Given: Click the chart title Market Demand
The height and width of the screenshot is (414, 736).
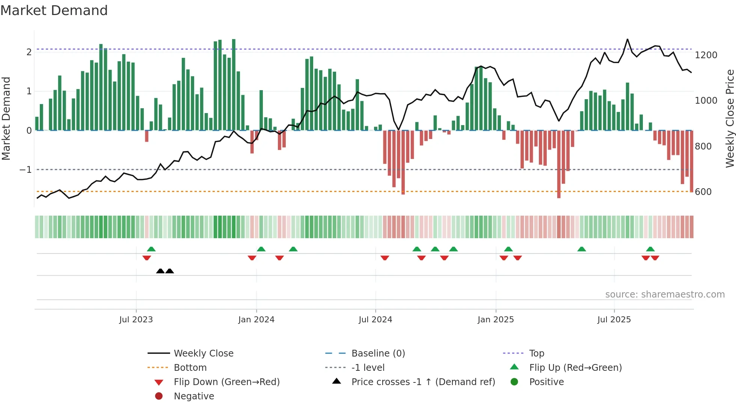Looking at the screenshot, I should tap(54, 11).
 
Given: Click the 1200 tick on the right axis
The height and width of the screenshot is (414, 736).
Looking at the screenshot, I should tap(706, 55).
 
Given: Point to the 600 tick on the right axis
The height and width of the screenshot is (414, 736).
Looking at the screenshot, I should tap(703, 192).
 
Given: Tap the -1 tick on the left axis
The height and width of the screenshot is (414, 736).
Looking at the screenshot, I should tap(26, 170).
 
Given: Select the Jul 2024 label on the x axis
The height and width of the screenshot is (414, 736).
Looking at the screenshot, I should tap(375, 320).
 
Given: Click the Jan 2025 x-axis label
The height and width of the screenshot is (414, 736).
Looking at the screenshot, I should tap(495, 320).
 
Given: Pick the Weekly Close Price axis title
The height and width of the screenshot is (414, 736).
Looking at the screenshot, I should tap(730, 118).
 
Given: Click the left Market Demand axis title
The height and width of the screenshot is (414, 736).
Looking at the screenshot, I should tap(6, 118).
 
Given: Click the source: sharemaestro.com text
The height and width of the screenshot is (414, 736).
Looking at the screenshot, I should tap(665, 295).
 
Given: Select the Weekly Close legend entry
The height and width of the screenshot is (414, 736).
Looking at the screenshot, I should tap(203, 354).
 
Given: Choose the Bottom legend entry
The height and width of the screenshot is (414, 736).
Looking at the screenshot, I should tap(190, 368).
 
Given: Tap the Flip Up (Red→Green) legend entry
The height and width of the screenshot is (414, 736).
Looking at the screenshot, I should tap(575, 368).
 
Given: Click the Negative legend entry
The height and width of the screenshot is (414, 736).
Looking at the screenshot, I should tap(194, 396).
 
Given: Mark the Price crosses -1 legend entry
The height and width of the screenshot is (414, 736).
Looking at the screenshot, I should tap(423, 382).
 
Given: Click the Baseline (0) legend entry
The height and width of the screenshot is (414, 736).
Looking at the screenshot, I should tap(378, 354).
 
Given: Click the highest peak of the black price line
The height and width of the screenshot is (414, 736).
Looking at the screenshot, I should tap(627, 39).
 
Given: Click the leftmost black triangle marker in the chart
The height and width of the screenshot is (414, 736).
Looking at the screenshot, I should tap(160, 271).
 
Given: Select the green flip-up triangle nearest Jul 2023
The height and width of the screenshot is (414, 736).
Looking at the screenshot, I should tap(151, 249).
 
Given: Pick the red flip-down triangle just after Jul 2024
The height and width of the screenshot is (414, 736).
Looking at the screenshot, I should tap(385, 258).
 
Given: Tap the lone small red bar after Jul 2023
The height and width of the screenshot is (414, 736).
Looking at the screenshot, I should tap(146, 136).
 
